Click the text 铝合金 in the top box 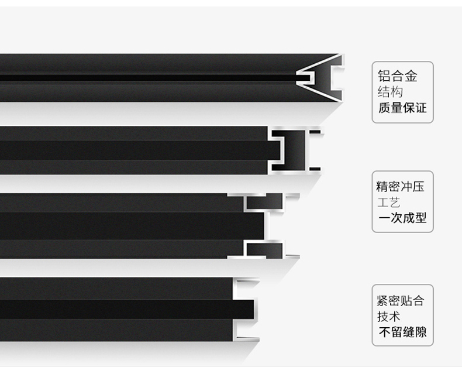click(398, 76)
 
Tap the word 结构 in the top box click(390, 92)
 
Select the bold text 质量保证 click(402, 108)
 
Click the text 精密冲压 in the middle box click(400, 187)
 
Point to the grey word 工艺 click(388, 203)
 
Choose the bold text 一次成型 click(402, 218)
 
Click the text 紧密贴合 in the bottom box click(401, 301)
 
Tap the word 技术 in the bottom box click(389, 317)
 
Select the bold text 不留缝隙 click(402, 332)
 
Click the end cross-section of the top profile click(320, 77)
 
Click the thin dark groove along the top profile click(146, 77)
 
